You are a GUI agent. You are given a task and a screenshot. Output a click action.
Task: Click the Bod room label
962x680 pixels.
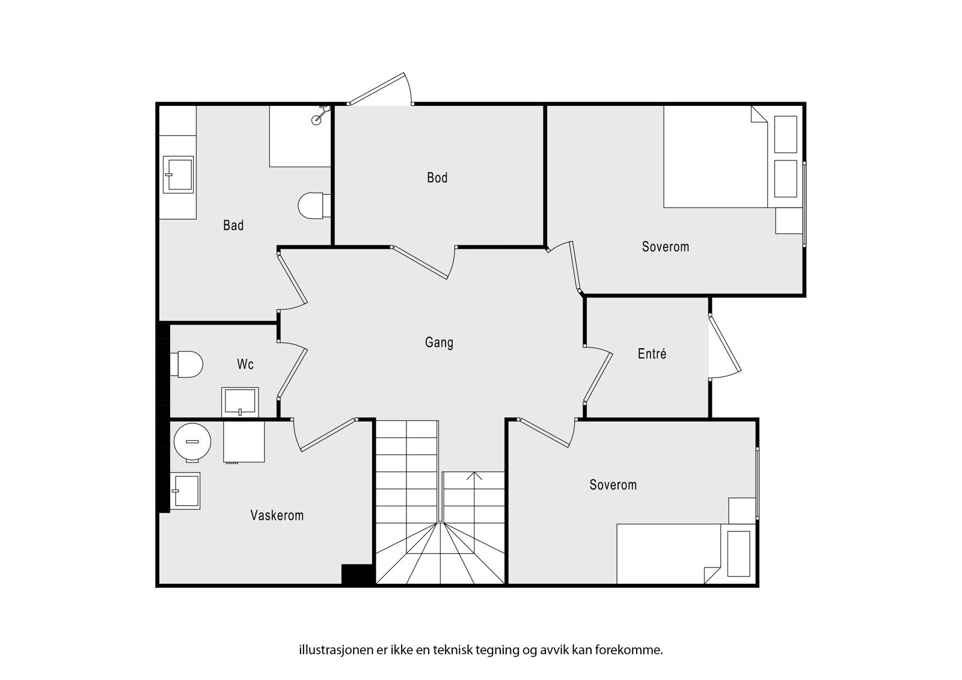click(x=437, y=177)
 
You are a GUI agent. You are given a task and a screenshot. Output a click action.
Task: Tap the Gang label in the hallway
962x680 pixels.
click(x=439, y=342)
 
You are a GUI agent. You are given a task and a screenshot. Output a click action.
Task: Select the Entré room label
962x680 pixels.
click(x=652, y=354)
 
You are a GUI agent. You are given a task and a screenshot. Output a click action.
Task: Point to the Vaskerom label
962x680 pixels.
click(x=277, y=515)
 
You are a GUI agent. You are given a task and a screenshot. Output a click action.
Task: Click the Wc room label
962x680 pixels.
click(x=245, y=364)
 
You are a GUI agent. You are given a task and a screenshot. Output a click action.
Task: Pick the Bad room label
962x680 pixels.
click(x=233, y=225)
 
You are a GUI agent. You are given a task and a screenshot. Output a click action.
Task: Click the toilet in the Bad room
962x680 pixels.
click(x=314, y=206)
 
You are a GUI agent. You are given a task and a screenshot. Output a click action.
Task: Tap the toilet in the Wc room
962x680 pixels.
click(x=186, y=364)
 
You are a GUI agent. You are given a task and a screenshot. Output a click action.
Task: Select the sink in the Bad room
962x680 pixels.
click(x=178, y=174)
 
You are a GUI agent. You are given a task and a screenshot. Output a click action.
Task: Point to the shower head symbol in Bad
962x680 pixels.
click(x=320, y=115)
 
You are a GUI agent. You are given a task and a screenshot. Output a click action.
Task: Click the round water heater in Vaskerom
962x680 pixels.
click(x=192, y=442)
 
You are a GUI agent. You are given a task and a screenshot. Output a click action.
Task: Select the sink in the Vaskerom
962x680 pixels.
click(x=185, y=491)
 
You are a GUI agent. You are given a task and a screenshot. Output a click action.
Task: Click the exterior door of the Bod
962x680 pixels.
click(x=380, y=90)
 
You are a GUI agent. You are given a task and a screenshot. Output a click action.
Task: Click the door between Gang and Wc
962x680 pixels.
click(x=292, y=370)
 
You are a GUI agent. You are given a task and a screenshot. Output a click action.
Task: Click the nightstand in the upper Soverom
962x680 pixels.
click(x=789, y=221)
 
